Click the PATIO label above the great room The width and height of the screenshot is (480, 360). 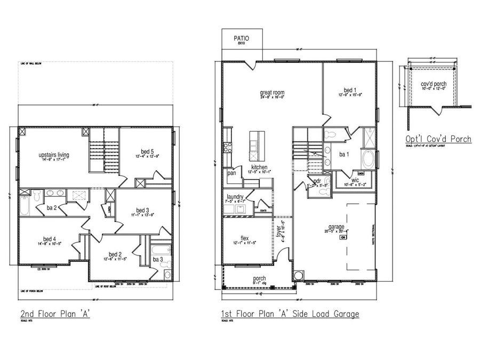pos(241,38)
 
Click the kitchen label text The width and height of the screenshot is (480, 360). pos(259,167)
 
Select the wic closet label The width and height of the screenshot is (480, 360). pos(355,180)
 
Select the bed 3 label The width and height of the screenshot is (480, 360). pos(141,210)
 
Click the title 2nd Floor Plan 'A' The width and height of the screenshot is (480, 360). pos(55,313)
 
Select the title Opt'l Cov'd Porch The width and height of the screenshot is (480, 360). pos(438,139)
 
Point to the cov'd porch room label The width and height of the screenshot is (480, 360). pos(434,84)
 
